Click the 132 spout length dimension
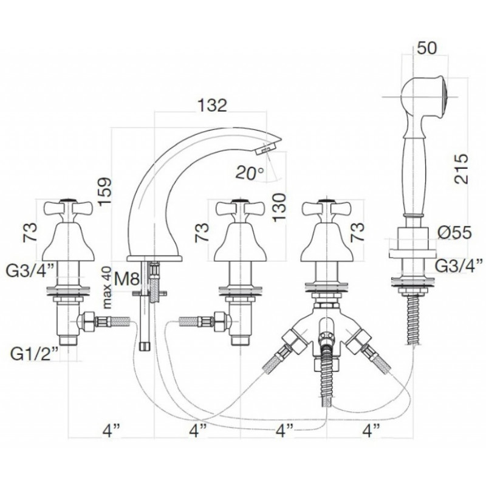212,105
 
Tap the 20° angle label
250,173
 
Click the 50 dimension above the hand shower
426,48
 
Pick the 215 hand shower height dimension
461,169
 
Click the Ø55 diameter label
454,233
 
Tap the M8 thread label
126,279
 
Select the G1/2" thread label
35,354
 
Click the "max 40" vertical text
107,287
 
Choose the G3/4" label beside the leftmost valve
30,271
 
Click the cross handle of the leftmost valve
68,208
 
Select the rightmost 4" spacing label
371,430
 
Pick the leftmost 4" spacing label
111,430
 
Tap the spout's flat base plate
154,258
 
